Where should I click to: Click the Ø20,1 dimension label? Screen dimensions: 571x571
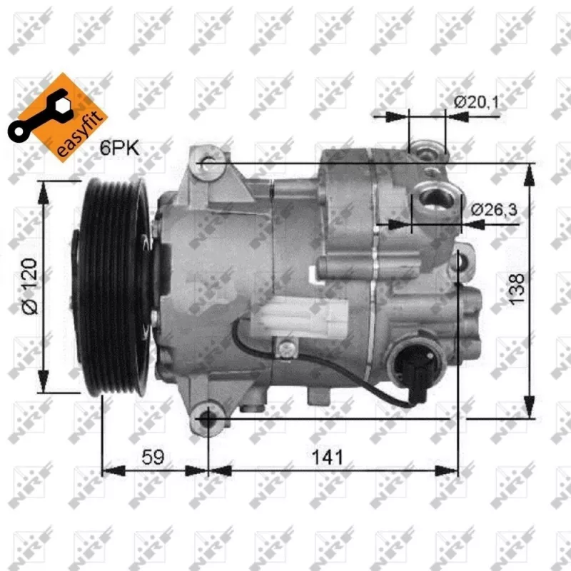[x=476, y=102]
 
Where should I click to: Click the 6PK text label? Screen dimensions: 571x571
[x=120, y=148]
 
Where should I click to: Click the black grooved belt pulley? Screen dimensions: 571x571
[x=114, y=285]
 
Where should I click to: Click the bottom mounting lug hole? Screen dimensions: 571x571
[x=208, y=418]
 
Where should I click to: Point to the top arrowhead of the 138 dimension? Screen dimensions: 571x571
[x=529, y=170]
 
